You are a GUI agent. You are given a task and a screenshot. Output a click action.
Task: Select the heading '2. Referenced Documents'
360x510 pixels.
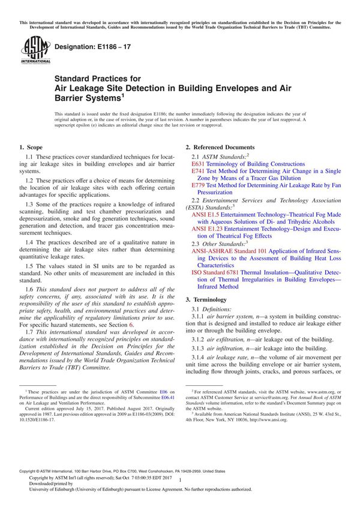click(220, 147)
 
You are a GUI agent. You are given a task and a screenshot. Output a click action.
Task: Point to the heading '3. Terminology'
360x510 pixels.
click(206, 298)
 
